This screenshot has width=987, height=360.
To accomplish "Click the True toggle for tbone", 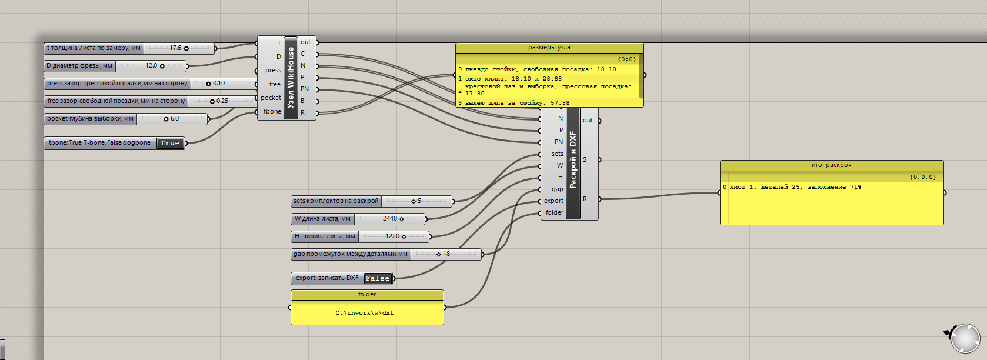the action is pos(170,143).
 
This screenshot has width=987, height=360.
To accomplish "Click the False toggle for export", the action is pos(378,278).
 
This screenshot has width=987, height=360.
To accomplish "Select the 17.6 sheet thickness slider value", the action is pos(175,48).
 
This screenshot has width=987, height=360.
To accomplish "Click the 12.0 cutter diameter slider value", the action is pos(151,66).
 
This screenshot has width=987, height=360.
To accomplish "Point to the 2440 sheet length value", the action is pos(390,219).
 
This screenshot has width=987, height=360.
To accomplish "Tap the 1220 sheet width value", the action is pos(392,236).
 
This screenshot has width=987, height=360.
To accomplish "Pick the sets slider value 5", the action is pos(419,201).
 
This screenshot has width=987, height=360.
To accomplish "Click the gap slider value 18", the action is pos(446,254).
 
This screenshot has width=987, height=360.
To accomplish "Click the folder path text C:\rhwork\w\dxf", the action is pos(365,313).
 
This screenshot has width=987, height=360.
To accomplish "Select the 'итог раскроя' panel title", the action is pos(832,165).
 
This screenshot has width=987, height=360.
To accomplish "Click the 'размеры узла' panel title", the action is pos(549,48).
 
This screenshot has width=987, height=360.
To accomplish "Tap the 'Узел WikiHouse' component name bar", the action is pos(291,78).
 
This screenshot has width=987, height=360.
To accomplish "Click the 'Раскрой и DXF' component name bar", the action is pos(573,161).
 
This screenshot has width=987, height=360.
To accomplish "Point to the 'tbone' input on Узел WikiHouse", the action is pos(272,112).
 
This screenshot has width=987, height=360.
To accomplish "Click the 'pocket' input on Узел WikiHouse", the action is pos(271,98).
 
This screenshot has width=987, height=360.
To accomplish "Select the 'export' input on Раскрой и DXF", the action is pos(553,201).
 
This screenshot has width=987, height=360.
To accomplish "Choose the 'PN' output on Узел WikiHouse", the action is pos(305,89).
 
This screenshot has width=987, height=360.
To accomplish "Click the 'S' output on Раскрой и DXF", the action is pos(585,159).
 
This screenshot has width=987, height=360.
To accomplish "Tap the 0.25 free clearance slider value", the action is pos(222,101).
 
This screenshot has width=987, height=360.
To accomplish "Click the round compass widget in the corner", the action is pos(965,338).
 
